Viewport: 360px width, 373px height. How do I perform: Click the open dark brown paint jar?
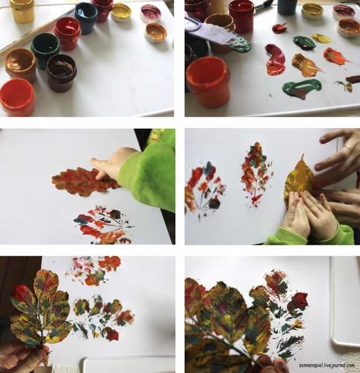click(x=62, y=73)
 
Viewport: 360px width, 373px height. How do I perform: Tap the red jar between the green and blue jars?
click(x=68, y=34)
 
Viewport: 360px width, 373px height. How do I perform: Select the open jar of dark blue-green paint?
click(x=86, y=17)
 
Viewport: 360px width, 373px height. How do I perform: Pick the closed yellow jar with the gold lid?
click(x=22, y=11)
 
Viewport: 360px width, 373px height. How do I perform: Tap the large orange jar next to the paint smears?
click(x=208, y=82)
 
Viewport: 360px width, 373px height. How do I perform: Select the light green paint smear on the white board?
click(x=302, y=88)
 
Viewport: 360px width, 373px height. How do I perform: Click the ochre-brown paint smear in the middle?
click(x=305, y=65)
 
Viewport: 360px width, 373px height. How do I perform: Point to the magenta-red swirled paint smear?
click(x=275, y=60)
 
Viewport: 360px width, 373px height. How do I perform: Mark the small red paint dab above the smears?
click(x=280, y=28)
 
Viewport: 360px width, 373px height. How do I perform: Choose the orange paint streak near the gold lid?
click(x=336, y=57)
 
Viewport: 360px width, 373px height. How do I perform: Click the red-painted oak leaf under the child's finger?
click(x=85, y=182)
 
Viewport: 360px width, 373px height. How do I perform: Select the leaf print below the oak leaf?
click(x=103, y=225)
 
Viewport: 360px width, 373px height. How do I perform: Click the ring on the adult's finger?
click(x=348, y=146)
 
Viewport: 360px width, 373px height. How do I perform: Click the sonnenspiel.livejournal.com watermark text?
click(x=326, y=365)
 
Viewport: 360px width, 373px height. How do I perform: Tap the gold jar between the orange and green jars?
click(x=21, y=64)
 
